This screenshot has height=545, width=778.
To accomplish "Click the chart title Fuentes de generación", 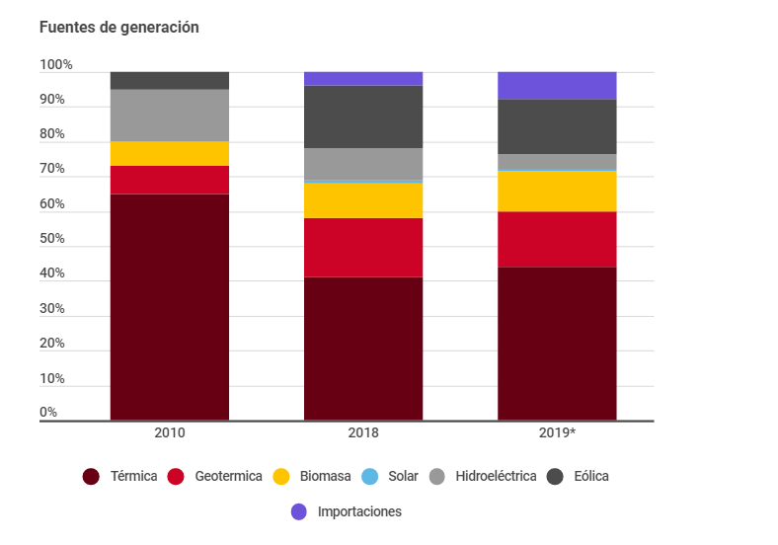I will tap(118, 28).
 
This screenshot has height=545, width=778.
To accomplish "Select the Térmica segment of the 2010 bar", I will tap(170, 307).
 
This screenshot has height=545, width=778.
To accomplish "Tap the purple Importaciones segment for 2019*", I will tap(557, 85).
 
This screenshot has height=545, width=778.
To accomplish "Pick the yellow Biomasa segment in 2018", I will tap(363, 200).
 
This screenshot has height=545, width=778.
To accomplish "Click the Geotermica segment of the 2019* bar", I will tap(557, 239).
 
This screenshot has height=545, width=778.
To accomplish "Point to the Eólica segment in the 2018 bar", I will tap(363, 117).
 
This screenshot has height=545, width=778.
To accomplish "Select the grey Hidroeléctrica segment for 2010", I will tap(170, 116).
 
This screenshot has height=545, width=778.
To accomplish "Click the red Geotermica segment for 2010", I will tap(170, 180).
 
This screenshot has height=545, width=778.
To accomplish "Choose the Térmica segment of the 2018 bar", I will tap(363, 349).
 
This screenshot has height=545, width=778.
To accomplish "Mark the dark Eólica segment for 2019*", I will tap(557, 126).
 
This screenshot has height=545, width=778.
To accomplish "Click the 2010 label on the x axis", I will tap(170, 432).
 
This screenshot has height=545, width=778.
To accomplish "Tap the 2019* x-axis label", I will tap(557, 432).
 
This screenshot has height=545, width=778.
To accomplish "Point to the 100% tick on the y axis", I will tap(56, 65).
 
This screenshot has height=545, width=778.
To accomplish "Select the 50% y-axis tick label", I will tap(52, 239).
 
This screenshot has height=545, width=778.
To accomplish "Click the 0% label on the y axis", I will tap(48, 413).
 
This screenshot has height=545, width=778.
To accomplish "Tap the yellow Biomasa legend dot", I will tap(281, 477).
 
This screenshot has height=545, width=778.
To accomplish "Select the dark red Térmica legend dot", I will tap(91, 477).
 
